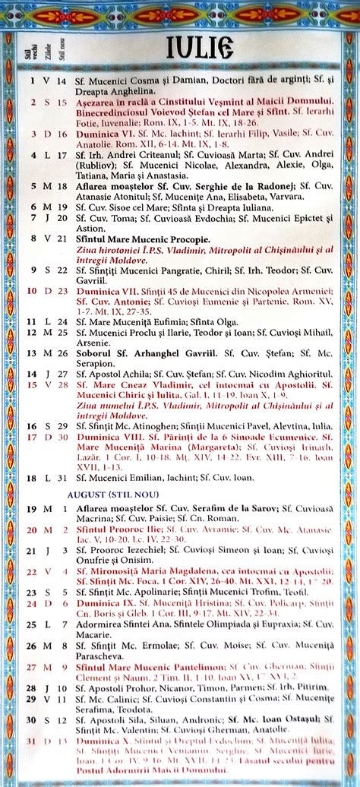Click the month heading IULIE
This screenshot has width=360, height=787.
tap(201, 47)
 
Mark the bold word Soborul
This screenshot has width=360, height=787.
tap(96, 352)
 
